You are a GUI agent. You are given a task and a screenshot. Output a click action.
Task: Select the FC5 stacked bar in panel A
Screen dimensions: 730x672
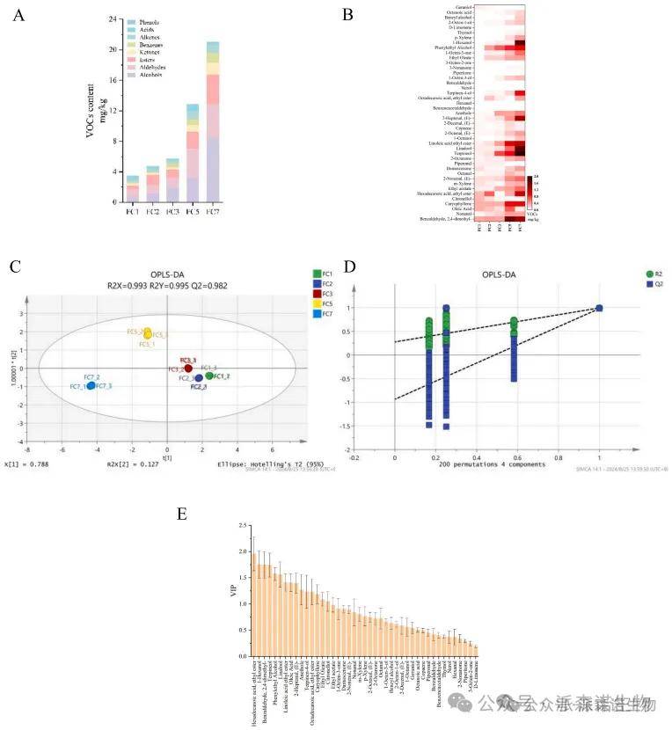[193, 153]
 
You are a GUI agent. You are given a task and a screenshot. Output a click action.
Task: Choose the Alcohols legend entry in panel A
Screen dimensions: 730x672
[144, 75]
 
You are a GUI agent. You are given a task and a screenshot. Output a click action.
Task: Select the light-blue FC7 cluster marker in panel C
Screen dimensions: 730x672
[91, 385]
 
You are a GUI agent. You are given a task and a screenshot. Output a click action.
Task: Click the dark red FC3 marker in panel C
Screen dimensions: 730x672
[187, 368]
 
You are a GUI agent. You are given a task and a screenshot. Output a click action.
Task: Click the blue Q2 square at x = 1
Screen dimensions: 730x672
[599, 308]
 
